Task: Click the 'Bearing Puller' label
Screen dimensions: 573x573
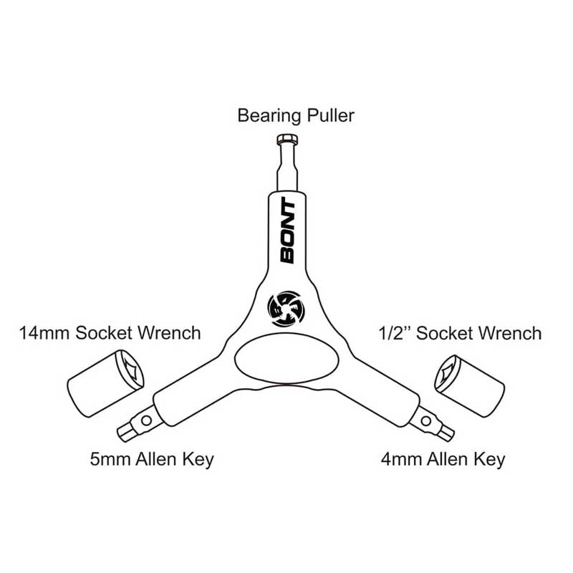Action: [x=296, y=115]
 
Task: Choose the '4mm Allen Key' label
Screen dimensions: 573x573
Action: [x=442, y=458]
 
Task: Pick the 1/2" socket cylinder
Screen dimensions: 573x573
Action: [x=470, y=384]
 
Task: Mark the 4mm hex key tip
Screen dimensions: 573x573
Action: [x=446, y=431]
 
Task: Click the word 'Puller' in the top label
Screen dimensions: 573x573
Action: [x=330, y=115]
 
